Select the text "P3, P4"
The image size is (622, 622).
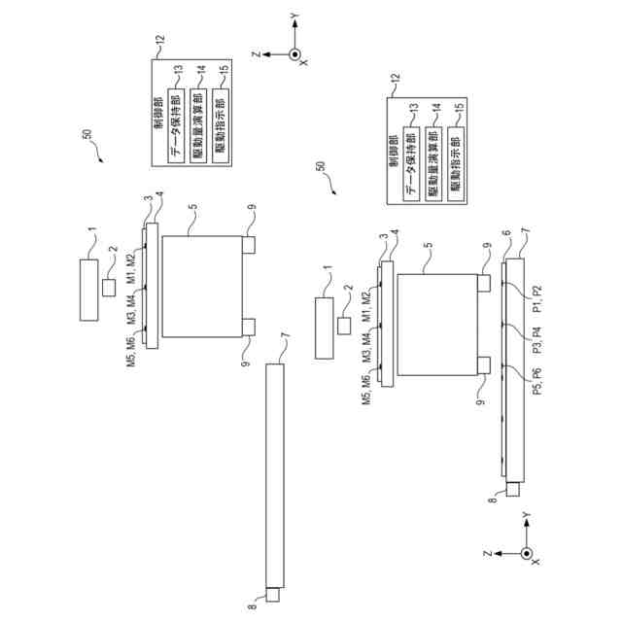pos(536,341)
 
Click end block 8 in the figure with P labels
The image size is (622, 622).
pos(513,492)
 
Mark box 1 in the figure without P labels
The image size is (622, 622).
pos(87,288)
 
